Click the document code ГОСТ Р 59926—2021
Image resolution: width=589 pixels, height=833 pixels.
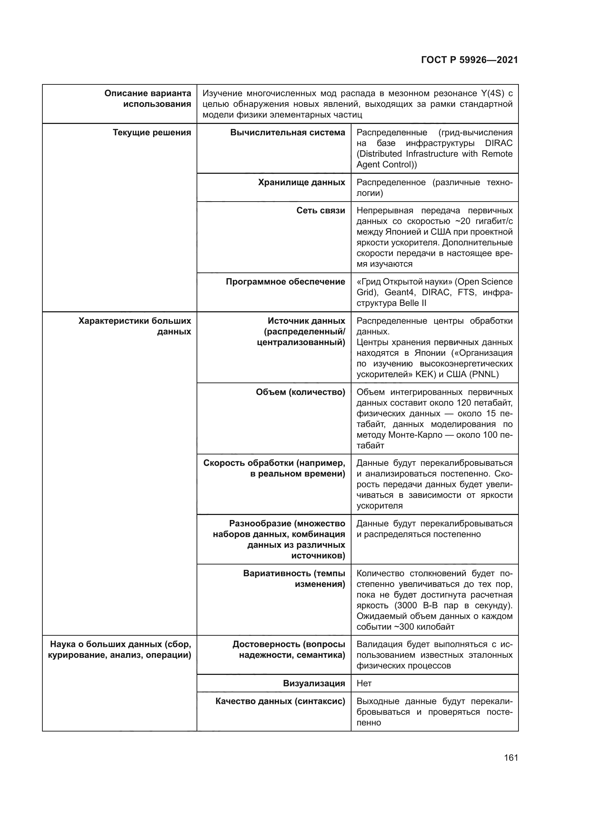tap(469, 60)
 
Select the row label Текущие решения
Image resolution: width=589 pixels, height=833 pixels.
tap(152, 132)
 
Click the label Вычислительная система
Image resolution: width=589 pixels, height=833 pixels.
tap(288, 132)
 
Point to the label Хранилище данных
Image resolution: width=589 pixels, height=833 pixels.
tap(301, 182)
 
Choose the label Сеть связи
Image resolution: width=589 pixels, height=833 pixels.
tap(320, 210)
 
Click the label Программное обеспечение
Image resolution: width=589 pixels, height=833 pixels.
tap(286, 282)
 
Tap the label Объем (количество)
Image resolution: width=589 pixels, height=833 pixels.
tap(300, 392)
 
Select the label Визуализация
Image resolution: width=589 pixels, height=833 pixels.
tap(314, 683)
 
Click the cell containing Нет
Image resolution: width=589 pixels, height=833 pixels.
tap(364, 683)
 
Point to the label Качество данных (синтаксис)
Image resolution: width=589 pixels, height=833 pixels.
tap(280, 701)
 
